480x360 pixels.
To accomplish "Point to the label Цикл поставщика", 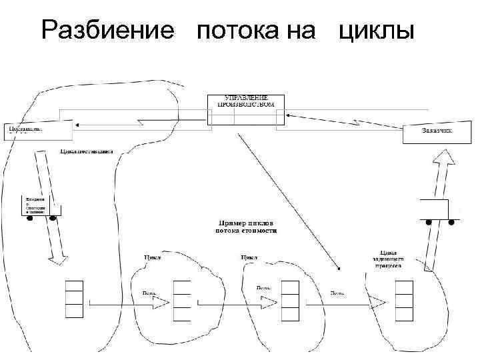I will [87, 151].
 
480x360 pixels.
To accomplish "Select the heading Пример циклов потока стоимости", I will [246, 227].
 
